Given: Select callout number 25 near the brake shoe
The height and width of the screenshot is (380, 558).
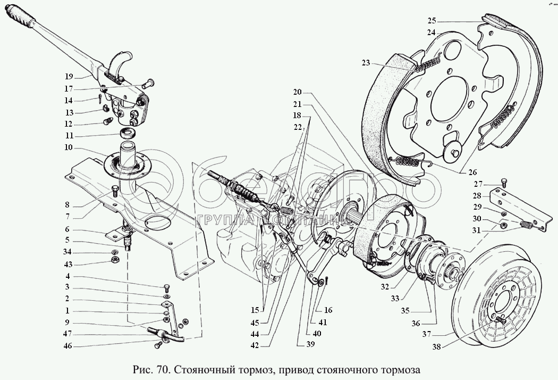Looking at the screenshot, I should [x=432, y=21].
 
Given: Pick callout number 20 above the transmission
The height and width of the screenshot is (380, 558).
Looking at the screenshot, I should [x=297, y=91].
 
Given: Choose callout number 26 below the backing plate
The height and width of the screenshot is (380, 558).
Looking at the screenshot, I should [x=472, y=172].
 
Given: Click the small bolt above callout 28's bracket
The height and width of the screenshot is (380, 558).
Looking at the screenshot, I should [x=504, y=183].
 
